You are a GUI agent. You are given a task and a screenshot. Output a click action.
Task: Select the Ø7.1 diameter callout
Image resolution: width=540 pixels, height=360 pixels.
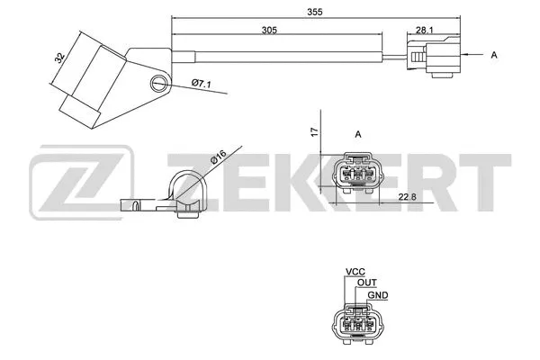(200, 85)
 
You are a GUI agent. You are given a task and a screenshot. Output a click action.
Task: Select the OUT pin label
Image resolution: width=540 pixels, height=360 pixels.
(367, 283)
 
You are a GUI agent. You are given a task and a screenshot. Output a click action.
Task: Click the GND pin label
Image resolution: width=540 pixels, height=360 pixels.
(380, 294)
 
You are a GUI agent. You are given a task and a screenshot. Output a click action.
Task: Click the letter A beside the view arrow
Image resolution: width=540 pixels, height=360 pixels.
(494, 56)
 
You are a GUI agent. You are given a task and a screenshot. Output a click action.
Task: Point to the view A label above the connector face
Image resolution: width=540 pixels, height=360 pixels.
(358, 135)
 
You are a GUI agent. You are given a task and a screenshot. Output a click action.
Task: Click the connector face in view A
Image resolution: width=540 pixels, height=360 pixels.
(358, 174)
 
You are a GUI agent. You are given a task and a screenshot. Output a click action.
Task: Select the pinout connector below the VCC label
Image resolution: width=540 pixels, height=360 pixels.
(358, 325)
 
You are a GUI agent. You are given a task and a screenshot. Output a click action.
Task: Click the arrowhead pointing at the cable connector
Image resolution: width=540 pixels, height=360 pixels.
(467, 56)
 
